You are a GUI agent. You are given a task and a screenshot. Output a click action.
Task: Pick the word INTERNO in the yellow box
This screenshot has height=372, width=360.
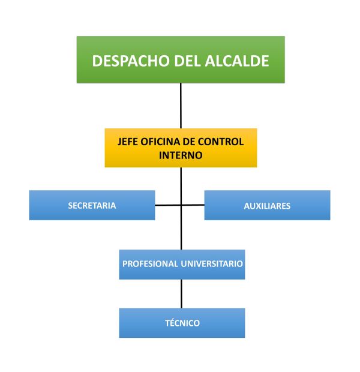(x=181, y=154)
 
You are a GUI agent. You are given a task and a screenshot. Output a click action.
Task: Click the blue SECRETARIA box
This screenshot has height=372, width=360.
(x=92, y=205)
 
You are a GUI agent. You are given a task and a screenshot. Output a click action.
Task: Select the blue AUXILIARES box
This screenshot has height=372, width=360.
(x=267, y=205)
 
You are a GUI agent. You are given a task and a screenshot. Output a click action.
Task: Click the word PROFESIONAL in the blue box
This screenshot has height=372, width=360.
(x=149, y=263)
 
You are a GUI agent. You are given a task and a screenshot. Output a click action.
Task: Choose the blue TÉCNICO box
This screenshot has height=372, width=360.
(x=182, y=323)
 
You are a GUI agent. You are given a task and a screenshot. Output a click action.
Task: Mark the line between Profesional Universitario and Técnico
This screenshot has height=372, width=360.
(x=181, y=293)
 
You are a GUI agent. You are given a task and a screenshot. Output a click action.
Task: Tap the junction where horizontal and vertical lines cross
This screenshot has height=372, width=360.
(x=181, y=205)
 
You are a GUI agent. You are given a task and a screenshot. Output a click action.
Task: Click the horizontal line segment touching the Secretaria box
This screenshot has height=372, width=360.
(x=167, y=205)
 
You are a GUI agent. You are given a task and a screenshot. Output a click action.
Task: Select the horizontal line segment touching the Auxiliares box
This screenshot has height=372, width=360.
(x=193, y=205)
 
